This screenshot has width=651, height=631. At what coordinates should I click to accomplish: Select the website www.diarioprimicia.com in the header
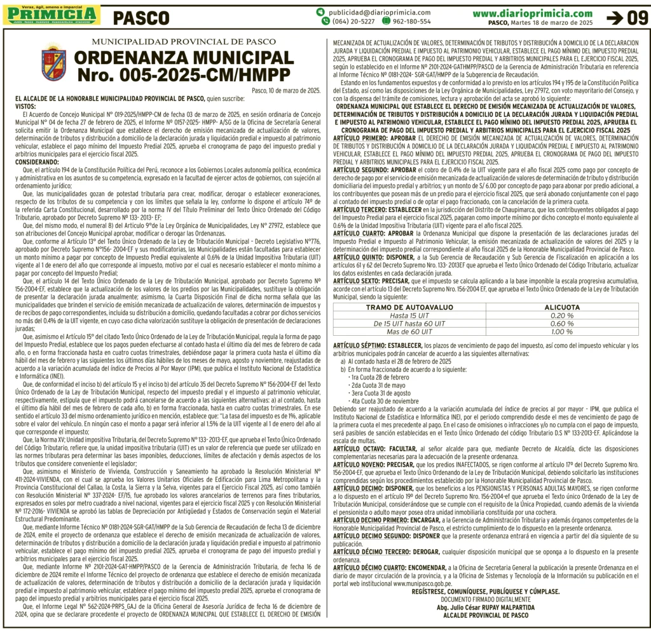pyautogui.click(x=532, y=13)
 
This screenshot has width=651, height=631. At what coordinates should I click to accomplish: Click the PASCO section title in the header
pyautogui.click(x=142, y=17)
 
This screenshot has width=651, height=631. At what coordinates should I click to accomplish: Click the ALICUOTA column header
pyautogui.click(x=562, y=307)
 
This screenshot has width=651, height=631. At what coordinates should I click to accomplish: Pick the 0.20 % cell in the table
pyautogui.click(x=562, y=315)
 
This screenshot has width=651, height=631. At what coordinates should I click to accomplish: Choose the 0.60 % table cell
pyautogui.click(x=562, y=323)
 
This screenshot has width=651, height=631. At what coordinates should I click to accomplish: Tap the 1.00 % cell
pyautogui.click(x=562, y=331)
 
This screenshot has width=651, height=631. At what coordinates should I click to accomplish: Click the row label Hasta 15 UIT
pyautogui.click(x=411, y=315)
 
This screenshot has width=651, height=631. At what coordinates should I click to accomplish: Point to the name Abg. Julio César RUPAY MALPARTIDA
pyautogui.click(x=486, y=606)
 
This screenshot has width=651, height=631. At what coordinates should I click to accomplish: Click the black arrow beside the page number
pyautogui.click(x=615, y=18)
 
